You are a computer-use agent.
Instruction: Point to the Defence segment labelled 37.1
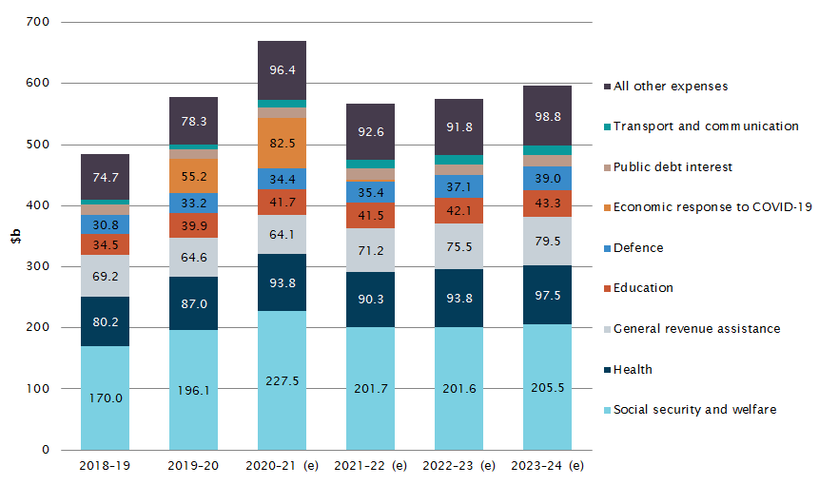458,186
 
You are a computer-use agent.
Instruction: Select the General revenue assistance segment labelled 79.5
547,241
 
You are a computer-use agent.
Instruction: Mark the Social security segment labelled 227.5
282,380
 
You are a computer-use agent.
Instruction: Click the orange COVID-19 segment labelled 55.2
193,176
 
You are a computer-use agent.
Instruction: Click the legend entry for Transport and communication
705,126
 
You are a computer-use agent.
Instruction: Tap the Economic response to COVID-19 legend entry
712,207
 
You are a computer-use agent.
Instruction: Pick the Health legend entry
633,369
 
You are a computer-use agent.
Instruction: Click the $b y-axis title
15,237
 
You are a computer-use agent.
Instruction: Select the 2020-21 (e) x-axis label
282,466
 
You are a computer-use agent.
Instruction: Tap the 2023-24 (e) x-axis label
547,466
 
